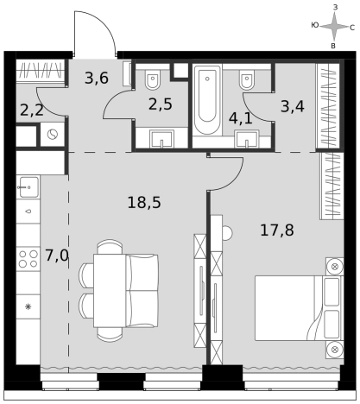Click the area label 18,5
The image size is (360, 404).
click(144, 202)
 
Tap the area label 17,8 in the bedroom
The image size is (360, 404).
click(277, 230)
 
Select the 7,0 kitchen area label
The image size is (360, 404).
click(57, 256)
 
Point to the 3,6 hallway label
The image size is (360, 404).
click(97, 78)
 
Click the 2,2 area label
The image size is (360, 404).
click(32, 110)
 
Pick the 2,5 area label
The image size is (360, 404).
click(161, 104)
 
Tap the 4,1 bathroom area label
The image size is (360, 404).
click(241, 118)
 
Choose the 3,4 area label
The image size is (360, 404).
click(293, 106)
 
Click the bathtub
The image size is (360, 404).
click(207, 99)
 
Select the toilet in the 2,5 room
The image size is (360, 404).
click(153, 79)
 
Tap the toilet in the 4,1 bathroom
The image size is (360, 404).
click(247, 79)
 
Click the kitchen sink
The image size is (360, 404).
click(28, 187)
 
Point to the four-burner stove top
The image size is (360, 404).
click(28, 259)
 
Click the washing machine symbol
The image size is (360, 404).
click(53, 135)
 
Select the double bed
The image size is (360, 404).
click(299, 308)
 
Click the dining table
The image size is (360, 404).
click(110, 291)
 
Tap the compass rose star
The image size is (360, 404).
click(334, 27)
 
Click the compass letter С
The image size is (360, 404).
click(352, 28)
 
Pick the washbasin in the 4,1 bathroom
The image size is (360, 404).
click(247, 139)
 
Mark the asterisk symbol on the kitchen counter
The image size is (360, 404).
click(28, 306)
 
